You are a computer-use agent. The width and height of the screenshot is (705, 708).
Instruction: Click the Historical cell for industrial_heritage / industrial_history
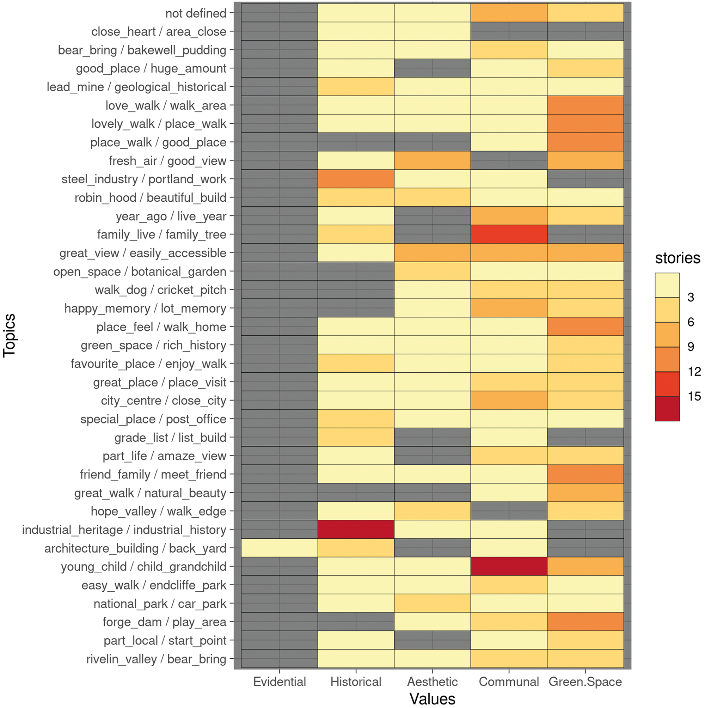point(356,530)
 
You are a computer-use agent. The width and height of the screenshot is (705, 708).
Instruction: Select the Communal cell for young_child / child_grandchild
point(509,567)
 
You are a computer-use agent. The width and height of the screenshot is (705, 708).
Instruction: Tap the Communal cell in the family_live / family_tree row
point(509,234)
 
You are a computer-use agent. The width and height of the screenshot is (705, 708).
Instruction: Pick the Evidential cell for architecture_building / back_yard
point(279,548)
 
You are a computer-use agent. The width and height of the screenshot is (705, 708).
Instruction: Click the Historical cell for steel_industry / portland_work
point(356,179)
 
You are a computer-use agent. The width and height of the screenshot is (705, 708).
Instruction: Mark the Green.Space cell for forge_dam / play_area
point(585,622)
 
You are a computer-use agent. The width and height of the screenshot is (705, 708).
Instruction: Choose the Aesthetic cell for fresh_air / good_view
point(433,160)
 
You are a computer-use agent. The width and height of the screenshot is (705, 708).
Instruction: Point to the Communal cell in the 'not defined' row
point(509,13)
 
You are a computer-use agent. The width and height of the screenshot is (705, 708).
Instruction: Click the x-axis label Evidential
point(279,682)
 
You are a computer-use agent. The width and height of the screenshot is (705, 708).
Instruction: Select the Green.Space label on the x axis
point(585,682)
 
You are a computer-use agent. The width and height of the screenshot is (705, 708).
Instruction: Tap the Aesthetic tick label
point(433,682)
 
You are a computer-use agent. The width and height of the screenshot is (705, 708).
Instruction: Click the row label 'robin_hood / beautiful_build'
point(150,197)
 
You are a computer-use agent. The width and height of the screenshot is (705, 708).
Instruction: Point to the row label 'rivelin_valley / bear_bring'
point(156,659)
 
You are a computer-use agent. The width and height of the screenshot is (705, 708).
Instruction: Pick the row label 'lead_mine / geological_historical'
point(136,87)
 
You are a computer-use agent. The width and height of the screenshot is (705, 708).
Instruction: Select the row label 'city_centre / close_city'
point(164,401)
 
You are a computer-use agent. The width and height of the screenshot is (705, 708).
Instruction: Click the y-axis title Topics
point(9,335)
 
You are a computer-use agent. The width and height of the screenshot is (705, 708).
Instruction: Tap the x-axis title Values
point(433,699)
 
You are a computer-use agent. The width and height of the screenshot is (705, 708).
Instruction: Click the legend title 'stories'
point(677,258)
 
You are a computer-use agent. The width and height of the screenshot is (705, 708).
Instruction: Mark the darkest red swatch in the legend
point(667,409)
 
